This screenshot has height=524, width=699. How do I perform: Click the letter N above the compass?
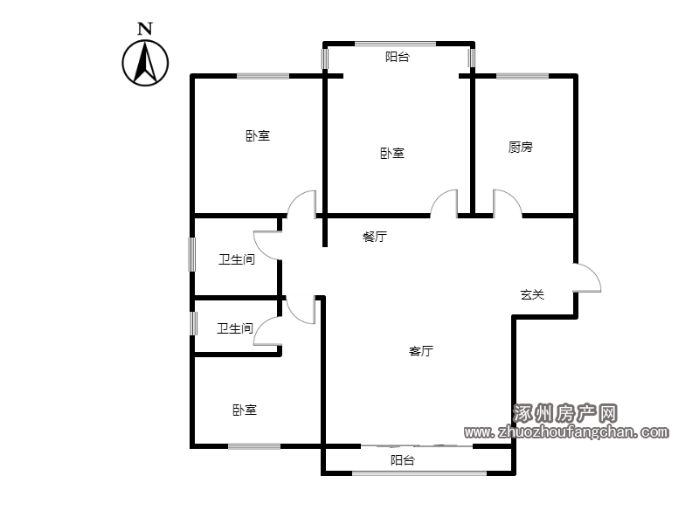[145, 29]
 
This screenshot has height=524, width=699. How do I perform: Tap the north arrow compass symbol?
[145, 63]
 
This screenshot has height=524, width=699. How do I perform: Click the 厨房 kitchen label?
[520, 147]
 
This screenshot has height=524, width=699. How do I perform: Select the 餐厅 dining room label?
[375, 236]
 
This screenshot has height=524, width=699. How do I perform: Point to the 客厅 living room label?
[421, 351]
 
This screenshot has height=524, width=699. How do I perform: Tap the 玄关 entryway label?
[532, 294]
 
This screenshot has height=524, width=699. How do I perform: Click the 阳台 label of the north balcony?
[398, 57]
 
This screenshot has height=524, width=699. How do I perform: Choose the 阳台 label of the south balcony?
[403, 460]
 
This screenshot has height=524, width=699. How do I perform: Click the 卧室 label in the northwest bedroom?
[258, 135]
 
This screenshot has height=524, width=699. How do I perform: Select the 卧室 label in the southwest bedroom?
[245, 410]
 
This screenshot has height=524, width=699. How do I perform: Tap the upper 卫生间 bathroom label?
[237, 259]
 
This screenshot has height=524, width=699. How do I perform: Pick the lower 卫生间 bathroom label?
[235, 328]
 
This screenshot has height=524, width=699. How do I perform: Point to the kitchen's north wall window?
[523, 76]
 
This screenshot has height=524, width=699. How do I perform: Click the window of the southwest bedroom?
[254, 446]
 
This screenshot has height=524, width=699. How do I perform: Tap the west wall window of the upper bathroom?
[192, 254]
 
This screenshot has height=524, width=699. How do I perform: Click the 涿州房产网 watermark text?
[564, 413]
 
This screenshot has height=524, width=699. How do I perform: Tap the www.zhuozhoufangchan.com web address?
[566, 431]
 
